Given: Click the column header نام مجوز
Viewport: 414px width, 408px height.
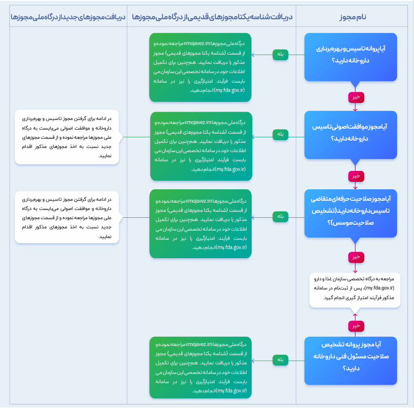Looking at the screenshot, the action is tap(353, 17).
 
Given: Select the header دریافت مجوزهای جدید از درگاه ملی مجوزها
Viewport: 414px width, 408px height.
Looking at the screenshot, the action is tap(68, 17).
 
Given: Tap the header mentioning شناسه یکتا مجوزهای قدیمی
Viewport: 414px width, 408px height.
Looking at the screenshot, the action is tap(212, 17).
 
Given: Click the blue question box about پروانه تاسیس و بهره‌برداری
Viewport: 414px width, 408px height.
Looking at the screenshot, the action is tap(351, 57).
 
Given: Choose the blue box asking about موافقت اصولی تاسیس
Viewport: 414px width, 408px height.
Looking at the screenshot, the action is tap(351, 135).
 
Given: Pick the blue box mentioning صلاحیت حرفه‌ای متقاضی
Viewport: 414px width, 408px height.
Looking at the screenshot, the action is tap(351, 213).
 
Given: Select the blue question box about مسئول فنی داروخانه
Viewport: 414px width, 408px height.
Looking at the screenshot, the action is tap(351, 361).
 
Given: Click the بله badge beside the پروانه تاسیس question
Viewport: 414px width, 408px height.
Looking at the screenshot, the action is tap(280, 55).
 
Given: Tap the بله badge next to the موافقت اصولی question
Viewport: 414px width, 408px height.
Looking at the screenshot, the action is tap(280, 135).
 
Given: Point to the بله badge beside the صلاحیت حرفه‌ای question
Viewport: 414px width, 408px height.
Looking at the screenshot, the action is tap(280, 217).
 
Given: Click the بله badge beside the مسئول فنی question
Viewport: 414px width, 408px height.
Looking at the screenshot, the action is tap(280, 360).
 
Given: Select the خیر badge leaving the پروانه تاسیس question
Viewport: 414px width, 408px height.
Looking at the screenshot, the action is tap(356, 97).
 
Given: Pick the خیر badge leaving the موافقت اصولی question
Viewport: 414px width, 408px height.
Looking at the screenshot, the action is tap(356, 176).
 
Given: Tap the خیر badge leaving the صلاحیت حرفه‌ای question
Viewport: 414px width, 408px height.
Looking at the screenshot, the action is tap(356, 257).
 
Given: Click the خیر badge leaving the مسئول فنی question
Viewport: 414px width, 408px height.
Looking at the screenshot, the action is tap(356, 326).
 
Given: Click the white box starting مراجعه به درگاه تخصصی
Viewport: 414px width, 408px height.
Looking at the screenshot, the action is tap(355, 290).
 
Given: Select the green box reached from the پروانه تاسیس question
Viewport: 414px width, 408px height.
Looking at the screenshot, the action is tap(200, 68).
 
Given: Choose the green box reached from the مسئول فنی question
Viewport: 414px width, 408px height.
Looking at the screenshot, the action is tap(200, 368).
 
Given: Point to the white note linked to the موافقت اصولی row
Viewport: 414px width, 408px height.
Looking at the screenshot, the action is tap(67, 137).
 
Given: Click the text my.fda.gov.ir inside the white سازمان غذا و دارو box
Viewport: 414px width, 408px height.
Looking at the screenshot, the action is tap(380, 288).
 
